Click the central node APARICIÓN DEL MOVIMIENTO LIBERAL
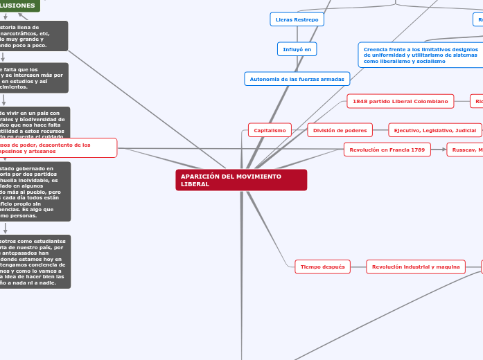[x=240, y=180]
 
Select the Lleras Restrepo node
[x=297, y=19]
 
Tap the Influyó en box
[x=297, y=49]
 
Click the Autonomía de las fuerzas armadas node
[x=297, y=79]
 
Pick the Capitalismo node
[x=270, y=130]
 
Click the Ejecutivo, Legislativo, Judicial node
[x=434, y=130]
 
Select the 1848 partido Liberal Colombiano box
[x=400, y=101]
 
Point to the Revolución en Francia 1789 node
[x=387, y=149]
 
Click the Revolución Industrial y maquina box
[x=416, y=267]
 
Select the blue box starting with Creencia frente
[x=420, y=55]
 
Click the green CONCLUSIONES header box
[x=19, y=6]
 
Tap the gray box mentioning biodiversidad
[x=35, y=122]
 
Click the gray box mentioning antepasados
[x=35, y=261]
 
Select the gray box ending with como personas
[x=35, y=192]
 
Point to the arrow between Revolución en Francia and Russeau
[x=439, y=149]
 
